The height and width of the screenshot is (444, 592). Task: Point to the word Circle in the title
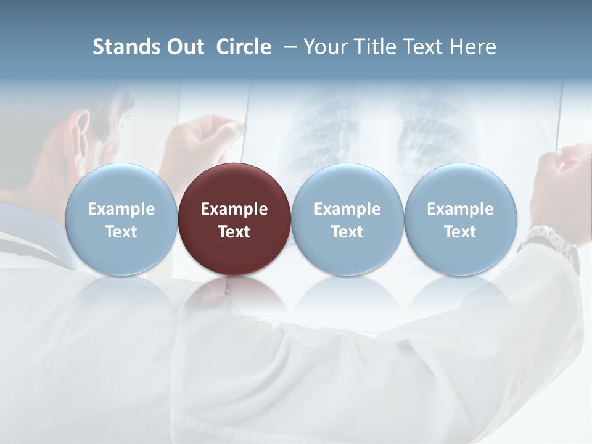point(244,47)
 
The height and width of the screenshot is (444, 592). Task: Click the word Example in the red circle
point(234,209)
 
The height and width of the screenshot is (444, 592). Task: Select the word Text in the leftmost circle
point(121,232)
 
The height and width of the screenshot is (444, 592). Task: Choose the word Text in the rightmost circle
point(460,232)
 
